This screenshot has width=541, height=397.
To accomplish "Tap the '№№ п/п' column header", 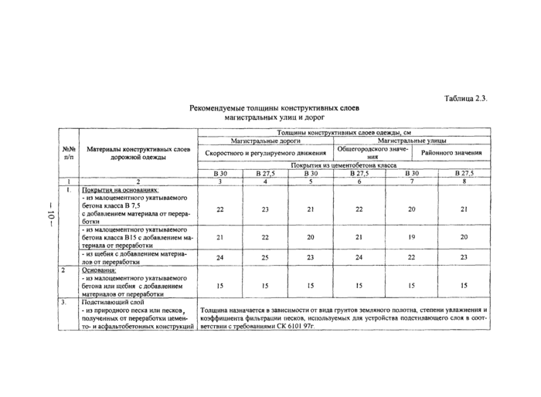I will (x=67, y=152).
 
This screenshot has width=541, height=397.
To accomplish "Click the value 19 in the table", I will (x=412, y=237).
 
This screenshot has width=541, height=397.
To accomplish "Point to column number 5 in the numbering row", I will (x=309, y=181).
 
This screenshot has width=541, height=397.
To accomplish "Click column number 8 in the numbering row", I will (x=464, y=181).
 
